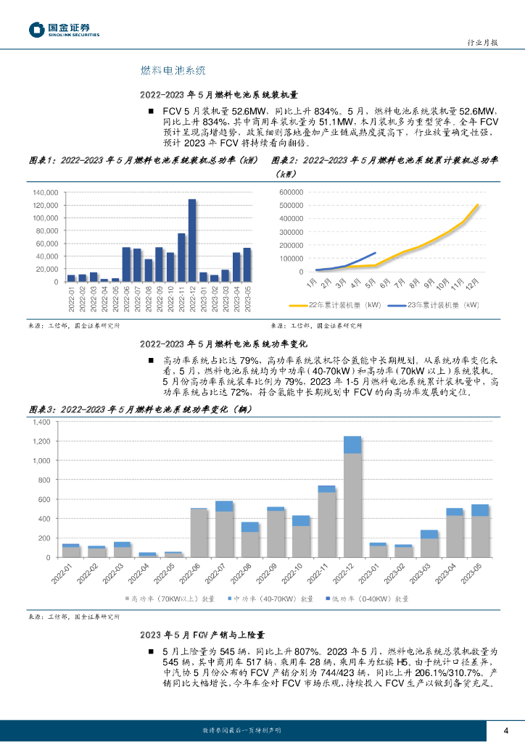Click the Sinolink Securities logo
pyautogui.click(x=64, y=30)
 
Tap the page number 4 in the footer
pyautogui.click(x=506, y=729)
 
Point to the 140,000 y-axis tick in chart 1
pyautogui.click(x=45, y=193)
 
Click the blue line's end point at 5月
pyautogui.click(x=375, y=253)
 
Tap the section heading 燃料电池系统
pyautogui.click(x=173, y=70)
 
